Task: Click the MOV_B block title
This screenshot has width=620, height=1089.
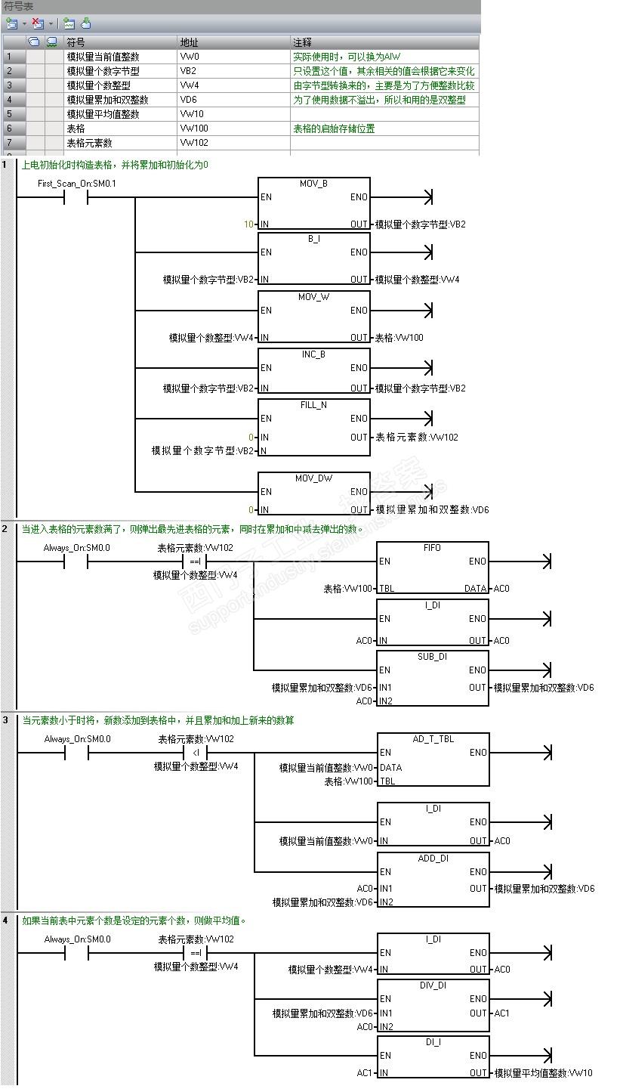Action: pos(313,184)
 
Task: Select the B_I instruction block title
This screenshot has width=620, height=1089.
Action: pos(313,239)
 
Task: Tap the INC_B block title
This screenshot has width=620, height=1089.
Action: pos(313,354)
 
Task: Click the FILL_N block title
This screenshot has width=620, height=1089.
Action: pos(313,405)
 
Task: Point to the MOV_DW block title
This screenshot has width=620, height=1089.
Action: pos(313,478)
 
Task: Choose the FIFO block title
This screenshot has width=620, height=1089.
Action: pos(432,548)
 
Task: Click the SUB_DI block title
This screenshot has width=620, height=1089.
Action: pos(432,657)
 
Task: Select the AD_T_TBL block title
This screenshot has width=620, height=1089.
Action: pos(433,739)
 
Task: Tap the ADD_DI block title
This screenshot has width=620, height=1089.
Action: pos(433,859)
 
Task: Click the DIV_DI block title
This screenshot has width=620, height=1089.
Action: pos(433,985)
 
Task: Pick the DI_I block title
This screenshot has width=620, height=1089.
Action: pos(433,1042)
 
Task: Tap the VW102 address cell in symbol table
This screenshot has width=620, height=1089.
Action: pos(194,143)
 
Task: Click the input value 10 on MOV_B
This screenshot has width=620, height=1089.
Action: pos(248,224)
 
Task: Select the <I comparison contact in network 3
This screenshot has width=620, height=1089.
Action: pos(195,753)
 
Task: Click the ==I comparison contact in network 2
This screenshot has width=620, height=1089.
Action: pos(195,562)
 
